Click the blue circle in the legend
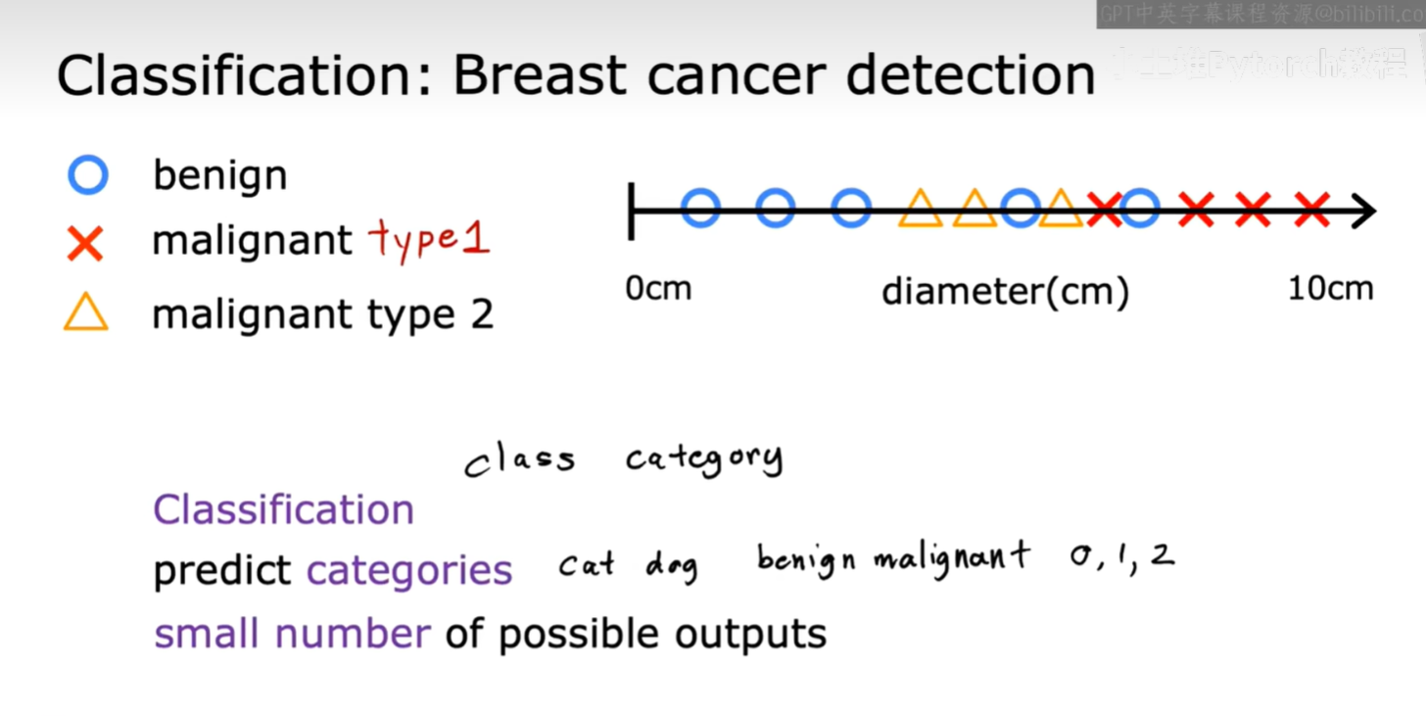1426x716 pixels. tap(88, 175)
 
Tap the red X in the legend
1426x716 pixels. tap(85, 242)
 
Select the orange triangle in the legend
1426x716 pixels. tap(85, 313)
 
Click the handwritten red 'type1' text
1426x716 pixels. tap(428, 240)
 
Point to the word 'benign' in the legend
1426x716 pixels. tap(220, 176)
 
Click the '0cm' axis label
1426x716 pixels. tap(658, 289)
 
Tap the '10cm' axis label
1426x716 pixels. tap(1330, 289)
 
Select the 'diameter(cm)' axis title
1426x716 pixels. tap(1005, 292)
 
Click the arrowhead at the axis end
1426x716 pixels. tap(1364, 210)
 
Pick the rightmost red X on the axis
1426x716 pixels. tap(1311, 208)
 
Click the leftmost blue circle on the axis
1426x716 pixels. tap(700, 208)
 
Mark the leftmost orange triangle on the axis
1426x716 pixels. tap(920, 209)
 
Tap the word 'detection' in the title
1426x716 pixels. tap(970, 75)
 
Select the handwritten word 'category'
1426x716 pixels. tap(704, 458)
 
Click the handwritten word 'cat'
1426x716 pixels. tap(587, 563)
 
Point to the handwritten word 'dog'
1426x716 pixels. tap(671, 566)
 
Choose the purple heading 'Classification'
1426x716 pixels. tap(283, 509)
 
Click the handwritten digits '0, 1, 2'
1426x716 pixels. tap(1121, 557)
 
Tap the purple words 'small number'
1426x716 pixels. tap(292, 634)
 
